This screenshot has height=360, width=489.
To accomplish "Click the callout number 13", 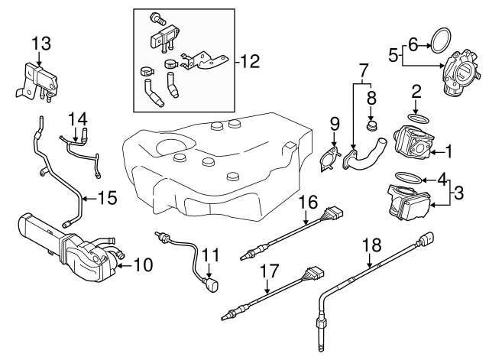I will [x=41, y=42].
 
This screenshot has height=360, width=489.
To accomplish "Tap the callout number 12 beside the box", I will [x=249, y=60].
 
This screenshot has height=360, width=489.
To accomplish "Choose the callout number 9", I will [x=333, y=124].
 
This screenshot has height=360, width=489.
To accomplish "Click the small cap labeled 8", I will [x=373, y=123].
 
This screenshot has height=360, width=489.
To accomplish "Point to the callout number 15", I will [x=108, y=198].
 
